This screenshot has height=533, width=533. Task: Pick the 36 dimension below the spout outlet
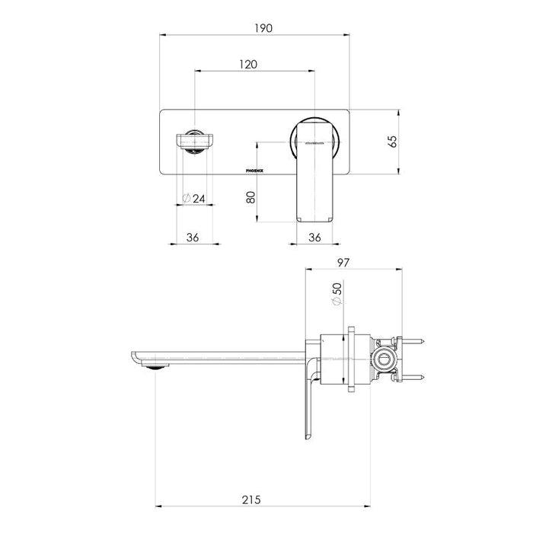point(193,237)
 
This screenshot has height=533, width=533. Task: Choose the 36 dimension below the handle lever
point(314,237)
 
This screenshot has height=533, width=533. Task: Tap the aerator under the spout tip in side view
point(156,369)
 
